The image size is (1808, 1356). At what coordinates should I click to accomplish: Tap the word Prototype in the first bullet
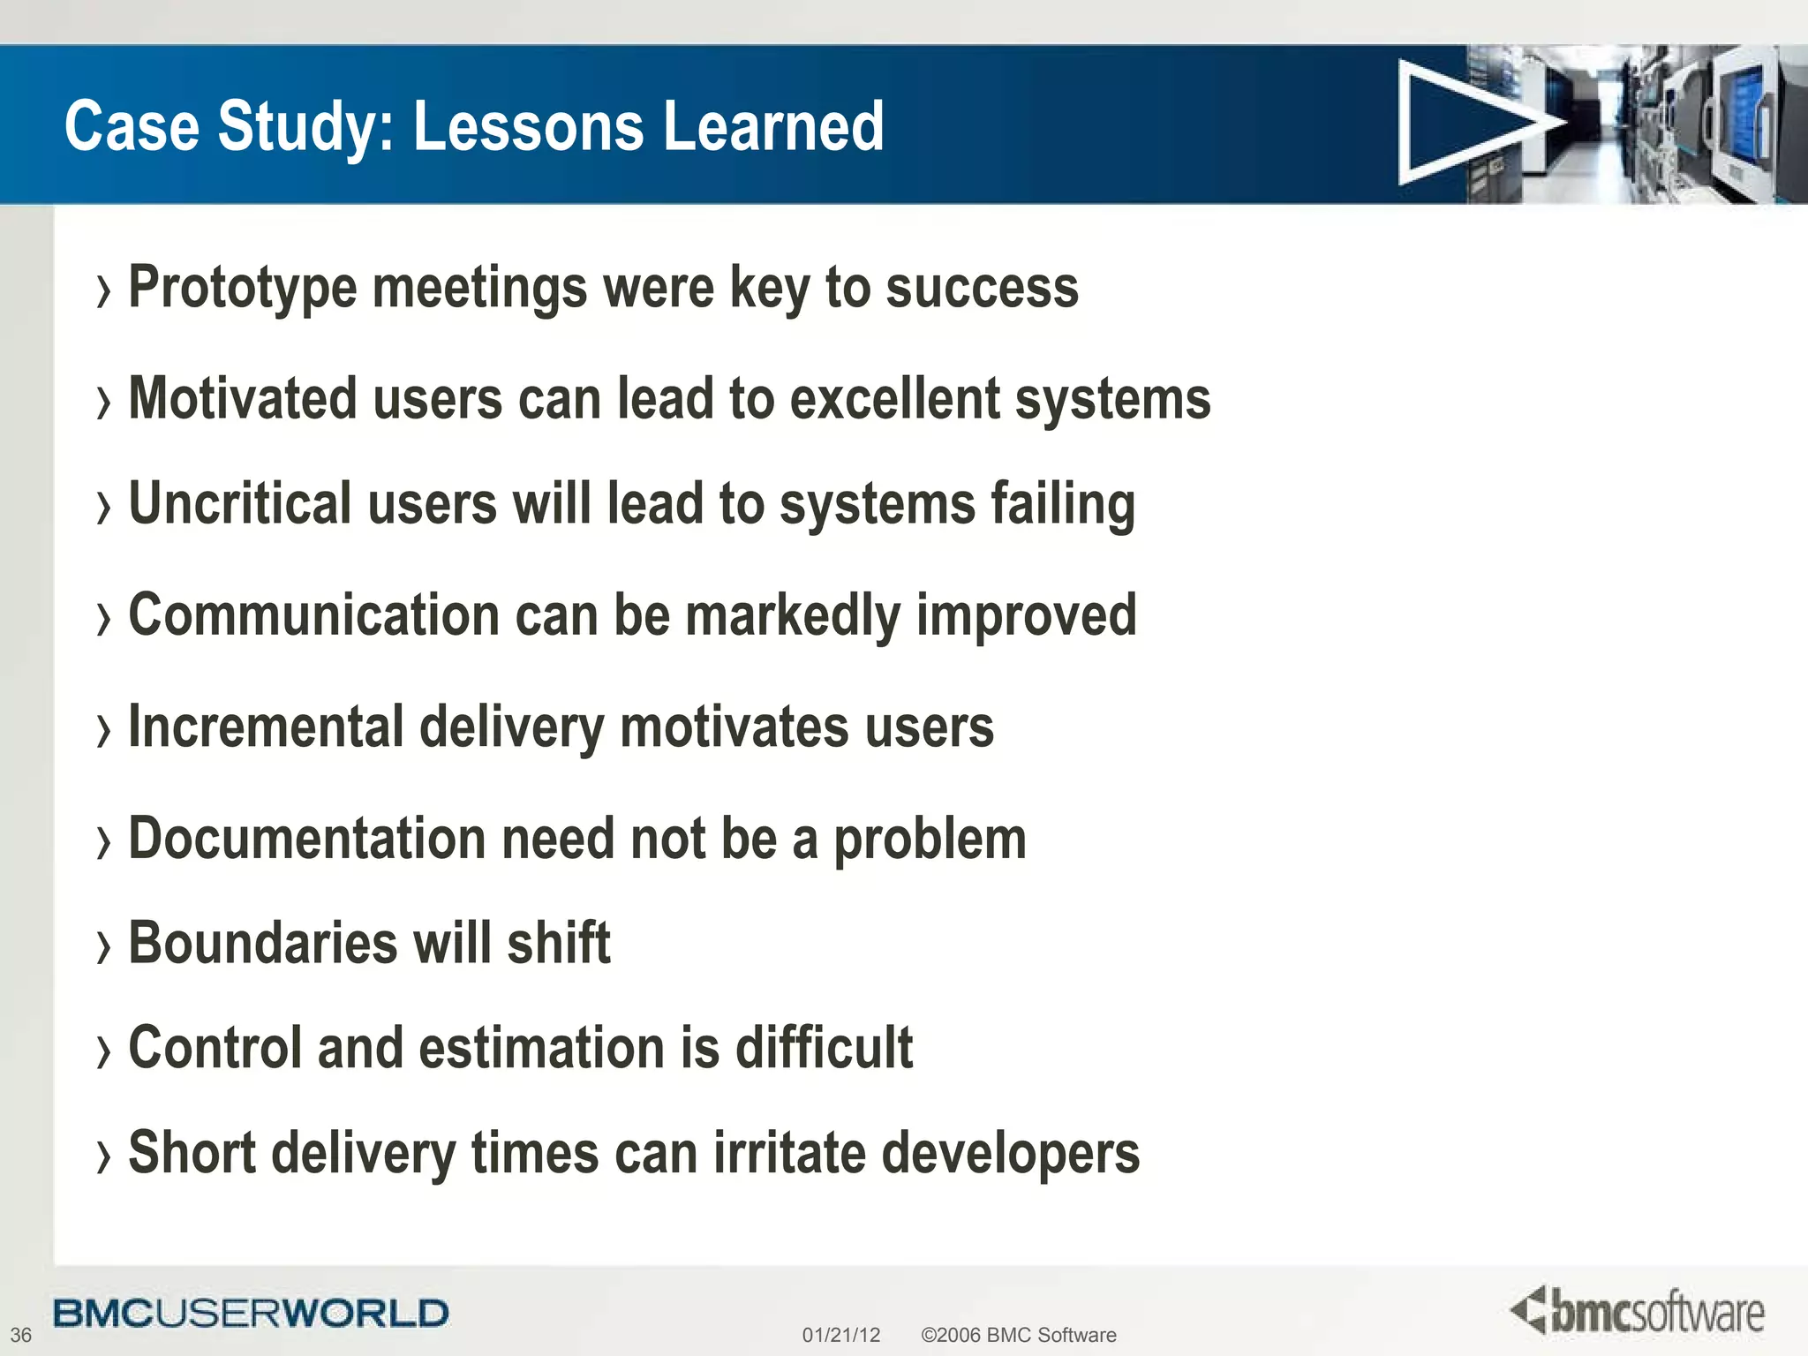pyautogui.click(x=243, y=289)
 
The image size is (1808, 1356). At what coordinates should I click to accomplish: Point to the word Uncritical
pyautogui.click(x=240, y=504)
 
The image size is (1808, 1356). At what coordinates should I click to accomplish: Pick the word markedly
pyautogui.click(x=791, y=616)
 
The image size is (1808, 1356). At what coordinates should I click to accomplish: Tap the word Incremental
pyautogui.click(x=266, y=727)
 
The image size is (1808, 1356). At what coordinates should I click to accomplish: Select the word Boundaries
pyautogui.click(x=263, y=944)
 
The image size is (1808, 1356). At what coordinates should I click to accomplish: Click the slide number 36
pyautogui.click(x=20, y=1335)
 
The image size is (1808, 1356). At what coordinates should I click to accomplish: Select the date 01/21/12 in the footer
pyautogui.click(x=840, y=1335)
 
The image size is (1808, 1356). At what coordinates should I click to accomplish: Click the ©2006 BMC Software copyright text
pyautogui.click(x=1018, y=1335)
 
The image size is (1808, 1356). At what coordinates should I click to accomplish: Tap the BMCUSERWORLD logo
pyautogui.click(x=251, y=1314)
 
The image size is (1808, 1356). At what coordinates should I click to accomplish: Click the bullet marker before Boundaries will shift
pyautogui.click(x=104, y=947)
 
